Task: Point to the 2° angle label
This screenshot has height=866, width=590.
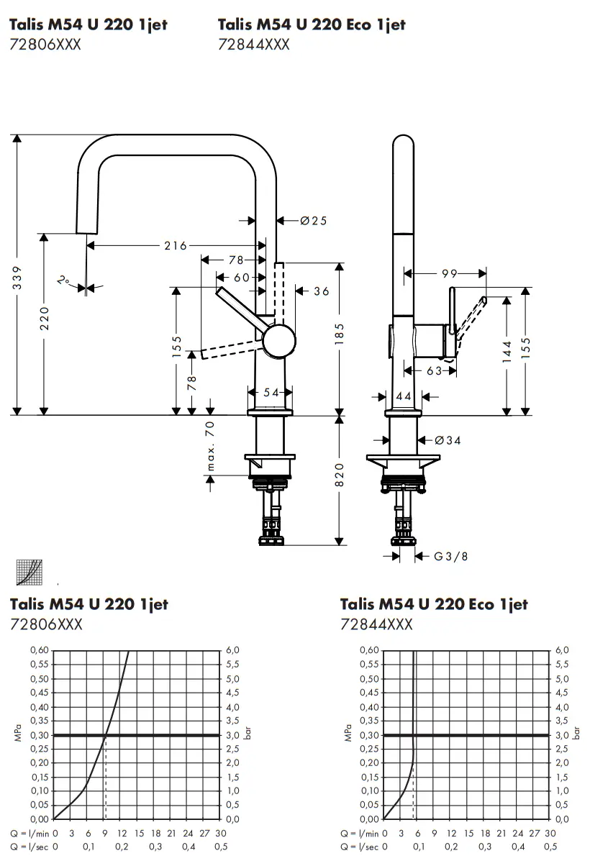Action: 64,281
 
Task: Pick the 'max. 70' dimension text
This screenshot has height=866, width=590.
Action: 211,447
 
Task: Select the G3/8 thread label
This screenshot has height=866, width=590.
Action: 451,556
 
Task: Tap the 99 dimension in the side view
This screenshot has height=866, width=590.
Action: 449,273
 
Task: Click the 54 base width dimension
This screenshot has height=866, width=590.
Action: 271,392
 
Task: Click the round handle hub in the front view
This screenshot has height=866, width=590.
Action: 278,342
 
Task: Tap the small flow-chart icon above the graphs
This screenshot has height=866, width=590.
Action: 29,572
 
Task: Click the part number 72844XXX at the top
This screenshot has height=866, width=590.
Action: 253,45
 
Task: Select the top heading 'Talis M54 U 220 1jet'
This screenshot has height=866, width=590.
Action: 88,24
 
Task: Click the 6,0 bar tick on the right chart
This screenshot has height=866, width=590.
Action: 562,650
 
